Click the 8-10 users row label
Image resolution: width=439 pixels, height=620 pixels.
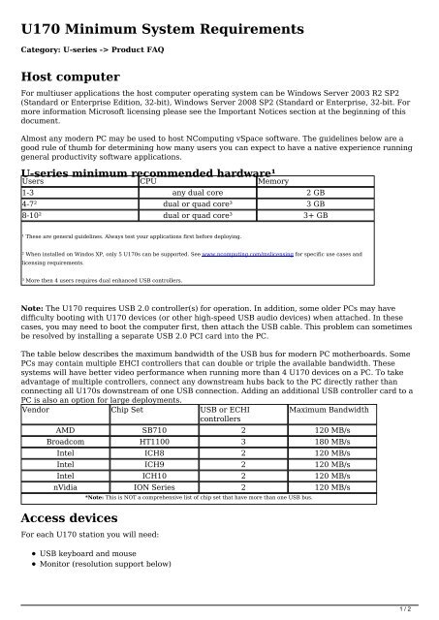click(x=34, y=216)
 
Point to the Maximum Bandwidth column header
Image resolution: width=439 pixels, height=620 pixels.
click(x=329, y=410)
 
